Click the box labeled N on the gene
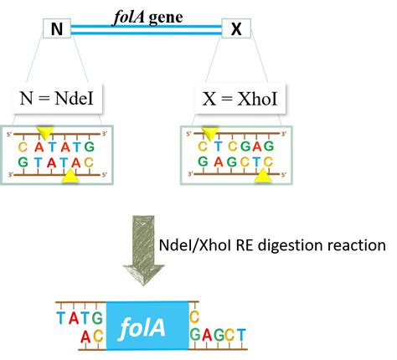pos(57,28)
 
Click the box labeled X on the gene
pos(235,28)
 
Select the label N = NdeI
pos(63,100)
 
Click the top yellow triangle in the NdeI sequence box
pos(44,133)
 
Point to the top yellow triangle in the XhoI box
pos(209,133)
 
